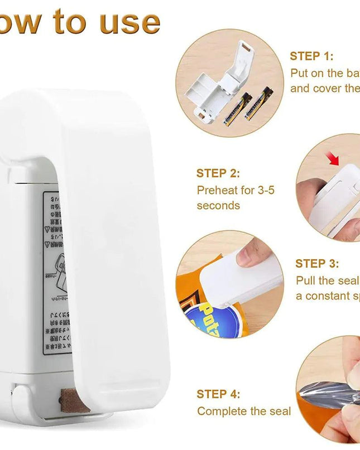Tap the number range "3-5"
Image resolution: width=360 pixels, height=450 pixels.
tap(262, 190)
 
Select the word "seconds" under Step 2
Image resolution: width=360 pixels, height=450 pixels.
tap(218, 205)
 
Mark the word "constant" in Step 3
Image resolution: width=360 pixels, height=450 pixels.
tap(332, 296)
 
